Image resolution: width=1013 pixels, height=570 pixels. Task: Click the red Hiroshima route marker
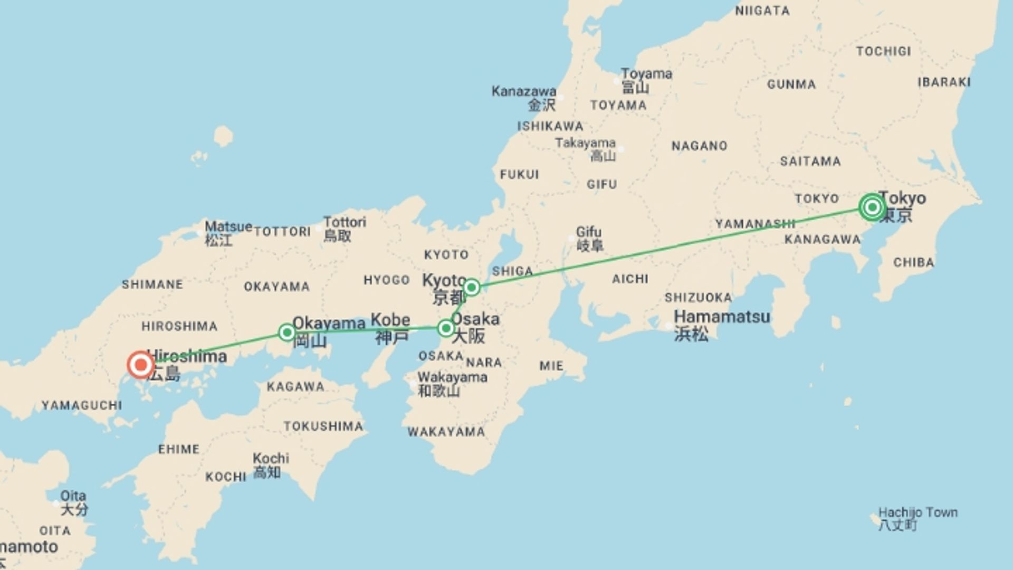pos(141,364)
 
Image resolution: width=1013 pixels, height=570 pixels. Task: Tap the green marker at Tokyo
pos(872,207)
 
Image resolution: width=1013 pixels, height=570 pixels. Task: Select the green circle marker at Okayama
pos(287,332)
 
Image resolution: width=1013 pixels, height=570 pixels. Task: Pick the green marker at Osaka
pos(446,329)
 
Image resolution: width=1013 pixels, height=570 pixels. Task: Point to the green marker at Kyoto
pos(471,287)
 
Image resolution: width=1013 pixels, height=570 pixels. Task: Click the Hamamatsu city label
pos(722,317)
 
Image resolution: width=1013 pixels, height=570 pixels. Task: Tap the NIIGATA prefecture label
pos(762,11)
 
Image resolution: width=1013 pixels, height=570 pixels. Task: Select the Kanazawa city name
pos(523,91)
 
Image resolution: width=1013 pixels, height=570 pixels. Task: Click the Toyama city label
pos(646,74)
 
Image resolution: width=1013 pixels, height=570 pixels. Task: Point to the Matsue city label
pos(228,227)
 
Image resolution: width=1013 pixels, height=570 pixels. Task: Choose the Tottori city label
pos(345,222)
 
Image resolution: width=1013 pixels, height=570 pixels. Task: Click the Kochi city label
pos(271,458)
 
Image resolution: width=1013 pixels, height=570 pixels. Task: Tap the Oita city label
pos(73,496)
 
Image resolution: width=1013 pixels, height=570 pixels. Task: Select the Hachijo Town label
pos(918,512)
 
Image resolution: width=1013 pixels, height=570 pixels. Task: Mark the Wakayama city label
pos(452,377)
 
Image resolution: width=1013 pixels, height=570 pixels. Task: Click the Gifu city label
pos(589,232)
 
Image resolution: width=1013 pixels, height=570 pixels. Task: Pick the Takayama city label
pos(585,143)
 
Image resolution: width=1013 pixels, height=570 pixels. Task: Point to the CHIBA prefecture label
pos(914,262)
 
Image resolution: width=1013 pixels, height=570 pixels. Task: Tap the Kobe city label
pos(390,320)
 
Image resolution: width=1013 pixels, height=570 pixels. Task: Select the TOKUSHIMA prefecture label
pos(323,426)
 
